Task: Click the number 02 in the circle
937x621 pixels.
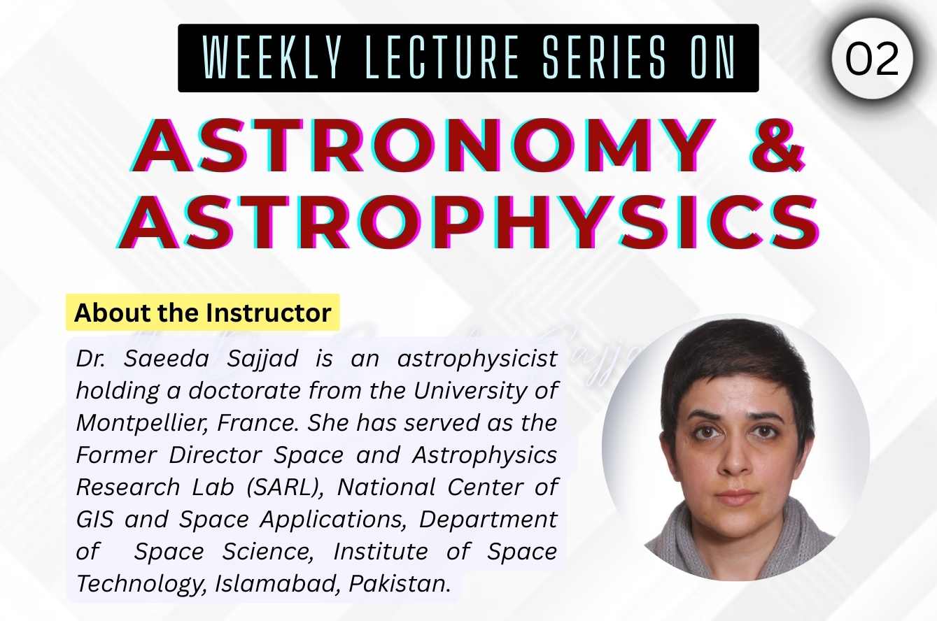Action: point(872,59)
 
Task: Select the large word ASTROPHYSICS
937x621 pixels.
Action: point(468,222)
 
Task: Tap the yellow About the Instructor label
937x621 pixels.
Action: point(202,312)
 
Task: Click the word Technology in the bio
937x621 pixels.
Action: point(137,583)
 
